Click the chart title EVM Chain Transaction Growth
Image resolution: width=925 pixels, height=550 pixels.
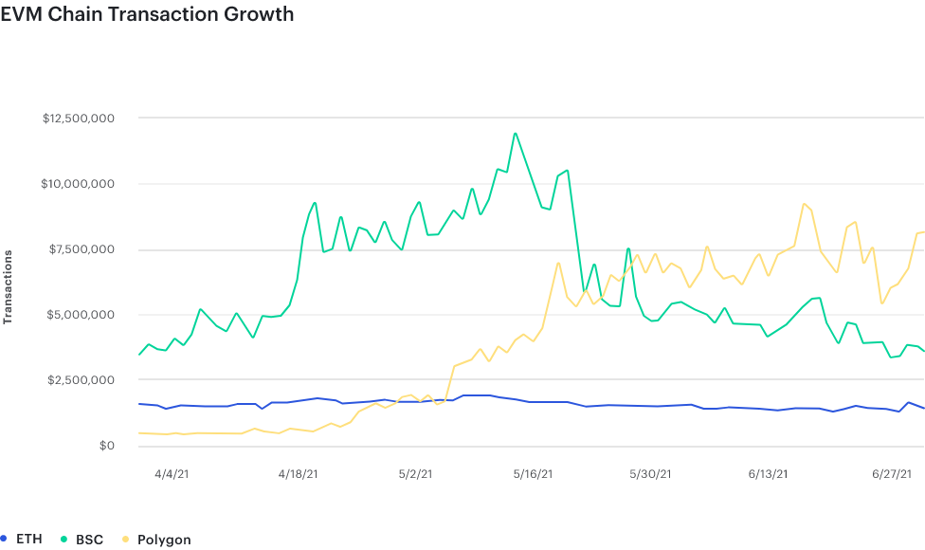pos(147,14)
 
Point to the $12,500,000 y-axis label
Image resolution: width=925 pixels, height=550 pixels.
pos(79,119)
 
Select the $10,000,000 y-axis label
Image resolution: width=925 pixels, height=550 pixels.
pos(79,184)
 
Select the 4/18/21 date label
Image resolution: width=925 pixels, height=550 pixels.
pos(298,474)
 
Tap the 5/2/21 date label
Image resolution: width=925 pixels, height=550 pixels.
pos(415,474)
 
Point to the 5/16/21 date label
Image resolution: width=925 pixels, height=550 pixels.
pos(533,474)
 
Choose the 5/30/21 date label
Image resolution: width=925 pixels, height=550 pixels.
pos(651,474)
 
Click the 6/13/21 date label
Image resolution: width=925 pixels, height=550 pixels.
pos(768,474)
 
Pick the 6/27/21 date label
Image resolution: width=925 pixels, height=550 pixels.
pos(892,474)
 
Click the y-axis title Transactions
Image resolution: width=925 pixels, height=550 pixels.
pos(9,287)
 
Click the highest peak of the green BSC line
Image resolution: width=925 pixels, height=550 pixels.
pos(515,133)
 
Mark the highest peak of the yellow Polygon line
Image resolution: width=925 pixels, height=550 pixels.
pos(803,203)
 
